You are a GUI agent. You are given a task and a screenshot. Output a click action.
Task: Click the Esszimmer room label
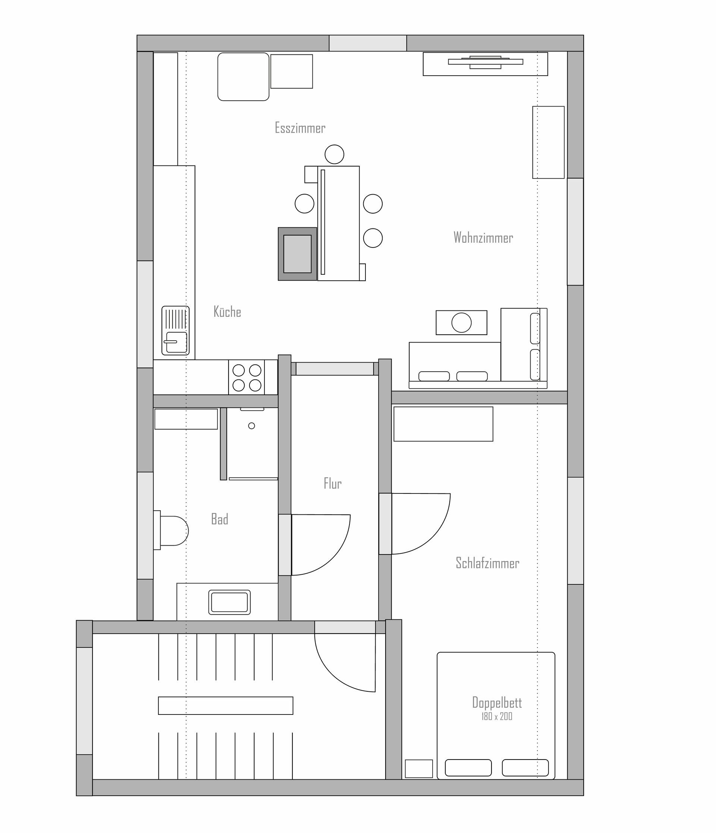pos(300,128)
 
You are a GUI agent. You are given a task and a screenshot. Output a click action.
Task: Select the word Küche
pos(227,312)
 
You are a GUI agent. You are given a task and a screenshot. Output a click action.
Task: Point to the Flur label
pos(333,483)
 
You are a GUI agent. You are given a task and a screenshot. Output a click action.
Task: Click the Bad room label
pos(220,519)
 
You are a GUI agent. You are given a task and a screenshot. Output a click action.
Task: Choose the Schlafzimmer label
pos(487,563)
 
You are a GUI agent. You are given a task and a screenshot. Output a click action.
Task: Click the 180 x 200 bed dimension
pos(497,716)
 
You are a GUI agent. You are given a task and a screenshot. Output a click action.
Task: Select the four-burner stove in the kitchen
pos(246,377)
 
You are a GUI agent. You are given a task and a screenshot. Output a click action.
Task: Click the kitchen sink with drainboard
pos(175,331)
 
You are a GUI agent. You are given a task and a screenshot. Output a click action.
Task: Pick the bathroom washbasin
pos(229,602)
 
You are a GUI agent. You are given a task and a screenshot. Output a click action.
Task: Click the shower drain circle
pos(252,426)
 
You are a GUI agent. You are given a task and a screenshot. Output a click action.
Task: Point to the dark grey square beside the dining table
pos(297,254)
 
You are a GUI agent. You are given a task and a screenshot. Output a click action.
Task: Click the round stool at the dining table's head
pos(334,154)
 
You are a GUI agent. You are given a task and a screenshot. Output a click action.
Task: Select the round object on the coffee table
pos(461,322)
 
